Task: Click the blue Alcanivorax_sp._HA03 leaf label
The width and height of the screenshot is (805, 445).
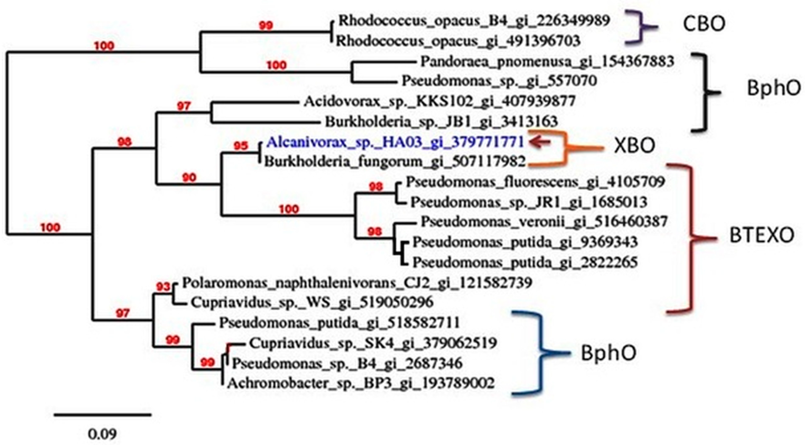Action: tap(395, 142)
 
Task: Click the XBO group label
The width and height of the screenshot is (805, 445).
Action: tap(634, 146)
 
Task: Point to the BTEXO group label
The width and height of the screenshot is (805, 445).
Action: tap(762, 235)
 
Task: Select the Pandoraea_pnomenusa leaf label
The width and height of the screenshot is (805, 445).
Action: tap(547, 62)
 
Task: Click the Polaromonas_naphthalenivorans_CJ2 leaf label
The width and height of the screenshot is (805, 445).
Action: tap(357, 283)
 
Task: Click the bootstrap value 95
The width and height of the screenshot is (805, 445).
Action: tap(241, 146)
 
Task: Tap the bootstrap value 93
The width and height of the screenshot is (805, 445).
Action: tap(163, 287)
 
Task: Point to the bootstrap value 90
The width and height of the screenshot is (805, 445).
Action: tap(189, 178)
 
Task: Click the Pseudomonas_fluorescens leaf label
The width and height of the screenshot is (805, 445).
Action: tap(535, 182)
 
